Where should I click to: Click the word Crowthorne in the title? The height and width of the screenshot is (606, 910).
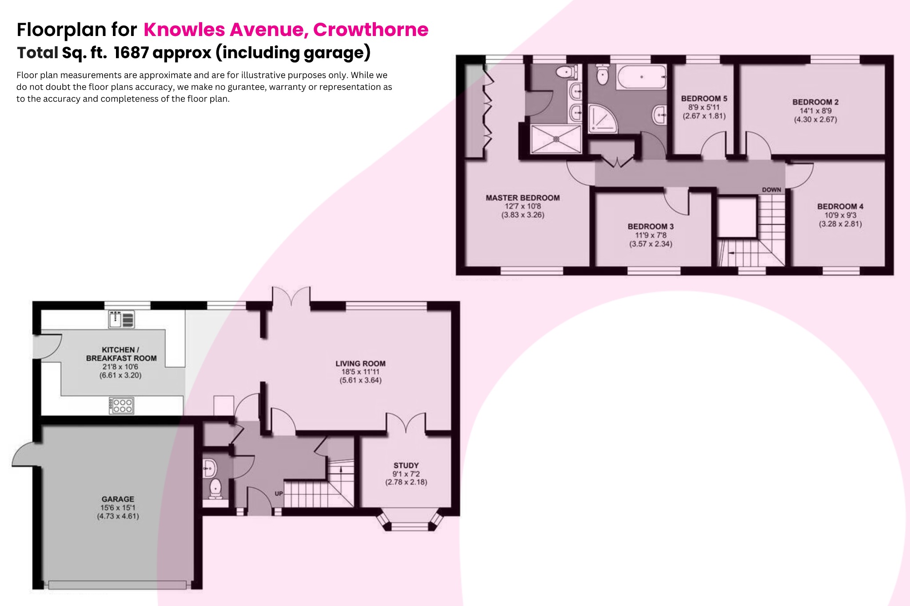pos(371,30)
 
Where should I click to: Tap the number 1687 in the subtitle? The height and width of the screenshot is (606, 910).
pos(131,53)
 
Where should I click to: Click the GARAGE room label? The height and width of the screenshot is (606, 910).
pos(118,499)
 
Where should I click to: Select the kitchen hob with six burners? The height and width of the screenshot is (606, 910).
pos(121,405)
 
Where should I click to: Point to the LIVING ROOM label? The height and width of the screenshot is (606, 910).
pos(360,363)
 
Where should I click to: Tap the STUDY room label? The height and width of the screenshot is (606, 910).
pos(406,465)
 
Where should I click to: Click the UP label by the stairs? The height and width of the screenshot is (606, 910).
pos(279,494)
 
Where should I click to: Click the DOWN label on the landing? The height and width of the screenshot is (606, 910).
pos(771,190)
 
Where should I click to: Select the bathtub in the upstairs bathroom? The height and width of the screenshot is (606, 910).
pos(642,77)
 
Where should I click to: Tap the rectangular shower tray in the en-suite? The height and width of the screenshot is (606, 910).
pos(556,139)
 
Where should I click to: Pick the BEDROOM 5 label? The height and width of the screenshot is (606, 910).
pos(704,99)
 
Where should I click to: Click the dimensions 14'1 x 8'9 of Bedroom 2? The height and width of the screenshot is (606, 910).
pos(815,111)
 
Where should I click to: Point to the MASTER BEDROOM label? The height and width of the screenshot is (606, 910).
pos(523,198)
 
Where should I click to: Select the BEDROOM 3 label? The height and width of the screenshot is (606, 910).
pos(651,227)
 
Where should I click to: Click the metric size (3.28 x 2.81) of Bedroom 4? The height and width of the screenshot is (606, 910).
pos(840,224)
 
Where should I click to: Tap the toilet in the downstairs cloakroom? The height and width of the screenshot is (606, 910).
pos(216,488)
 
